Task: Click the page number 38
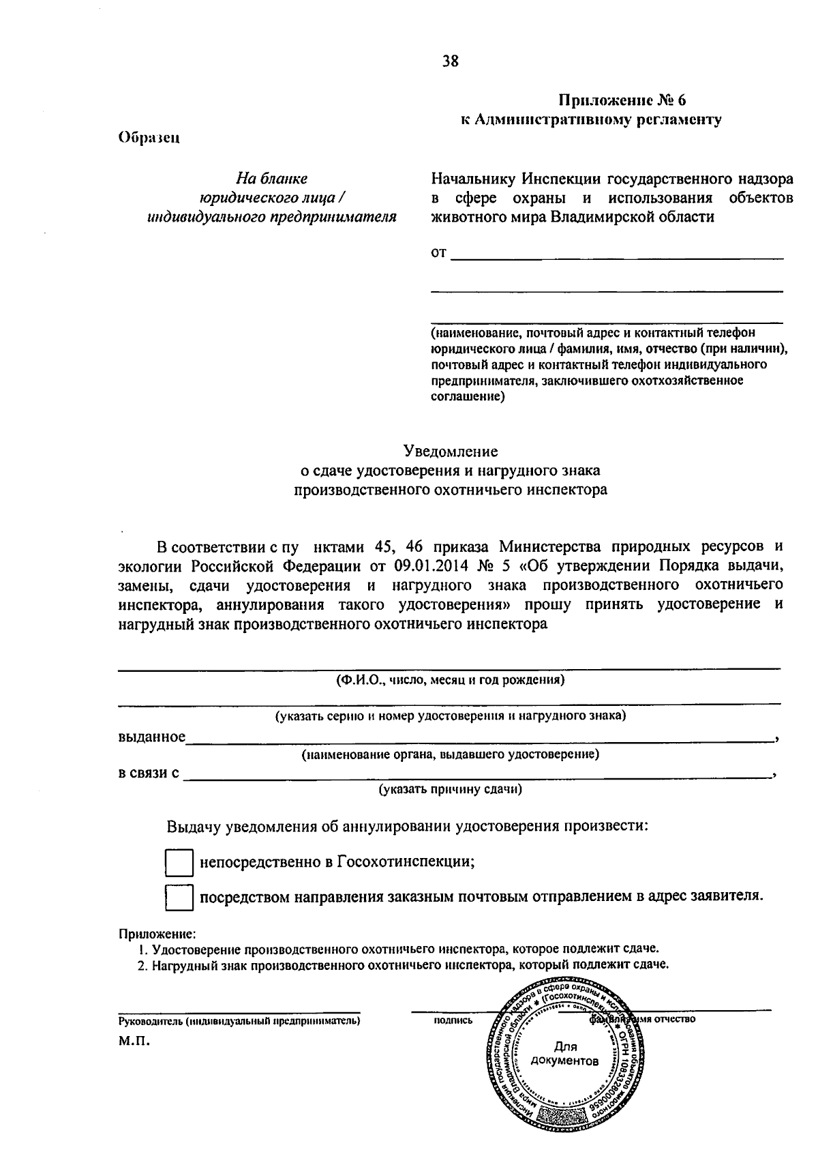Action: point(451,62)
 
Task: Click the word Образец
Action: point(149,136)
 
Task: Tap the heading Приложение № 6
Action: point(622,100)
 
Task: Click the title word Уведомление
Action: point(451,452)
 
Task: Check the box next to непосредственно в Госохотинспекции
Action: point(179,863)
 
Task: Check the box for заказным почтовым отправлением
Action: point(179,898)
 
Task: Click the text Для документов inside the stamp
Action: point(565,1054)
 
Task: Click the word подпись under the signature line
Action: point(453,1020)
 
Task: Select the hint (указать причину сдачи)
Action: point(451,789)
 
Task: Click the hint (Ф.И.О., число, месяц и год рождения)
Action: point(450,680)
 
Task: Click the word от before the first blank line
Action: point(438,254)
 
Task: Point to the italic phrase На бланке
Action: point(271,179)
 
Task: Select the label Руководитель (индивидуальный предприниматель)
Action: point(239,1021)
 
